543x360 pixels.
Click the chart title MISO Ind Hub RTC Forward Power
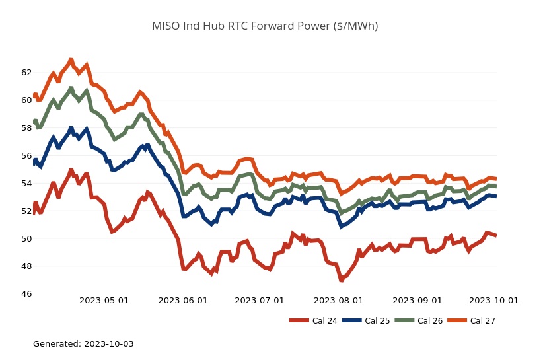(x=265, y=26)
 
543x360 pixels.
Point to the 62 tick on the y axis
(x=26, y=73)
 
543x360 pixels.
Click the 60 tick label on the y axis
(x=26, y=100)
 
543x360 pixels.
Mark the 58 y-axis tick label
(x=26, y=128)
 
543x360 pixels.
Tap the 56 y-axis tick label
(x=26, y=156)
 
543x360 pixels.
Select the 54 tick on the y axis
(x=26, y=184)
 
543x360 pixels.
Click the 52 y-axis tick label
(x=26, y=211)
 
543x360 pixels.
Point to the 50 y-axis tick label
(x=26, y=239)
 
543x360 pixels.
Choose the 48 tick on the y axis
(x=26, y=267)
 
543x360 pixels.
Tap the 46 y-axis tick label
(x=26, y=294)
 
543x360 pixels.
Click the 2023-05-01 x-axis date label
(x=104, y=301)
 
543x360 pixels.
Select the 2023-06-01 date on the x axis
(x=183, y=301)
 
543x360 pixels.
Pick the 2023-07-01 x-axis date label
(x=260, y=301)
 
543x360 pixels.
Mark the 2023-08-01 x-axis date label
(x=339, y=301)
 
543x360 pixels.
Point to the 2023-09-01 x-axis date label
(x=417, y=301)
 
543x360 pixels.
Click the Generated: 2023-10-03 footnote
(x=83, y=344)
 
